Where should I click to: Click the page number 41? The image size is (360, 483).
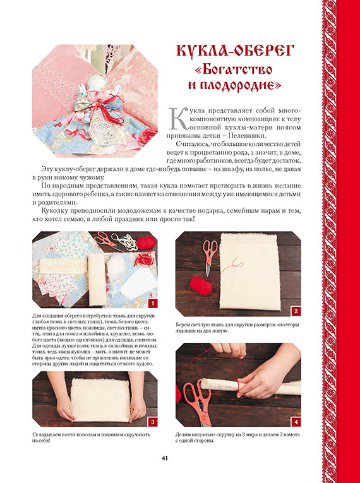pos(165,458)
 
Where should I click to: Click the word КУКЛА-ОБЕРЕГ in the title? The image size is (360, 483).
pos(235,51)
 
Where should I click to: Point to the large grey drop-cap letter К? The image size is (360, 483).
pos(179,118)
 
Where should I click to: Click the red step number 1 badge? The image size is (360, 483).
pos(153,303)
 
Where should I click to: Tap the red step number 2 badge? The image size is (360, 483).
pos(296,311)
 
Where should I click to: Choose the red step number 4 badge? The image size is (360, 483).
pos(296,422)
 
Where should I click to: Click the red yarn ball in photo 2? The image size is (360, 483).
pos(201,285)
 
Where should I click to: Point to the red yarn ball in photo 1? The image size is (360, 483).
pos(146,243)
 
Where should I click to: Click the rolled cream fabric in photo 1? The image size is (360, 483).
pos(97,280)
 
